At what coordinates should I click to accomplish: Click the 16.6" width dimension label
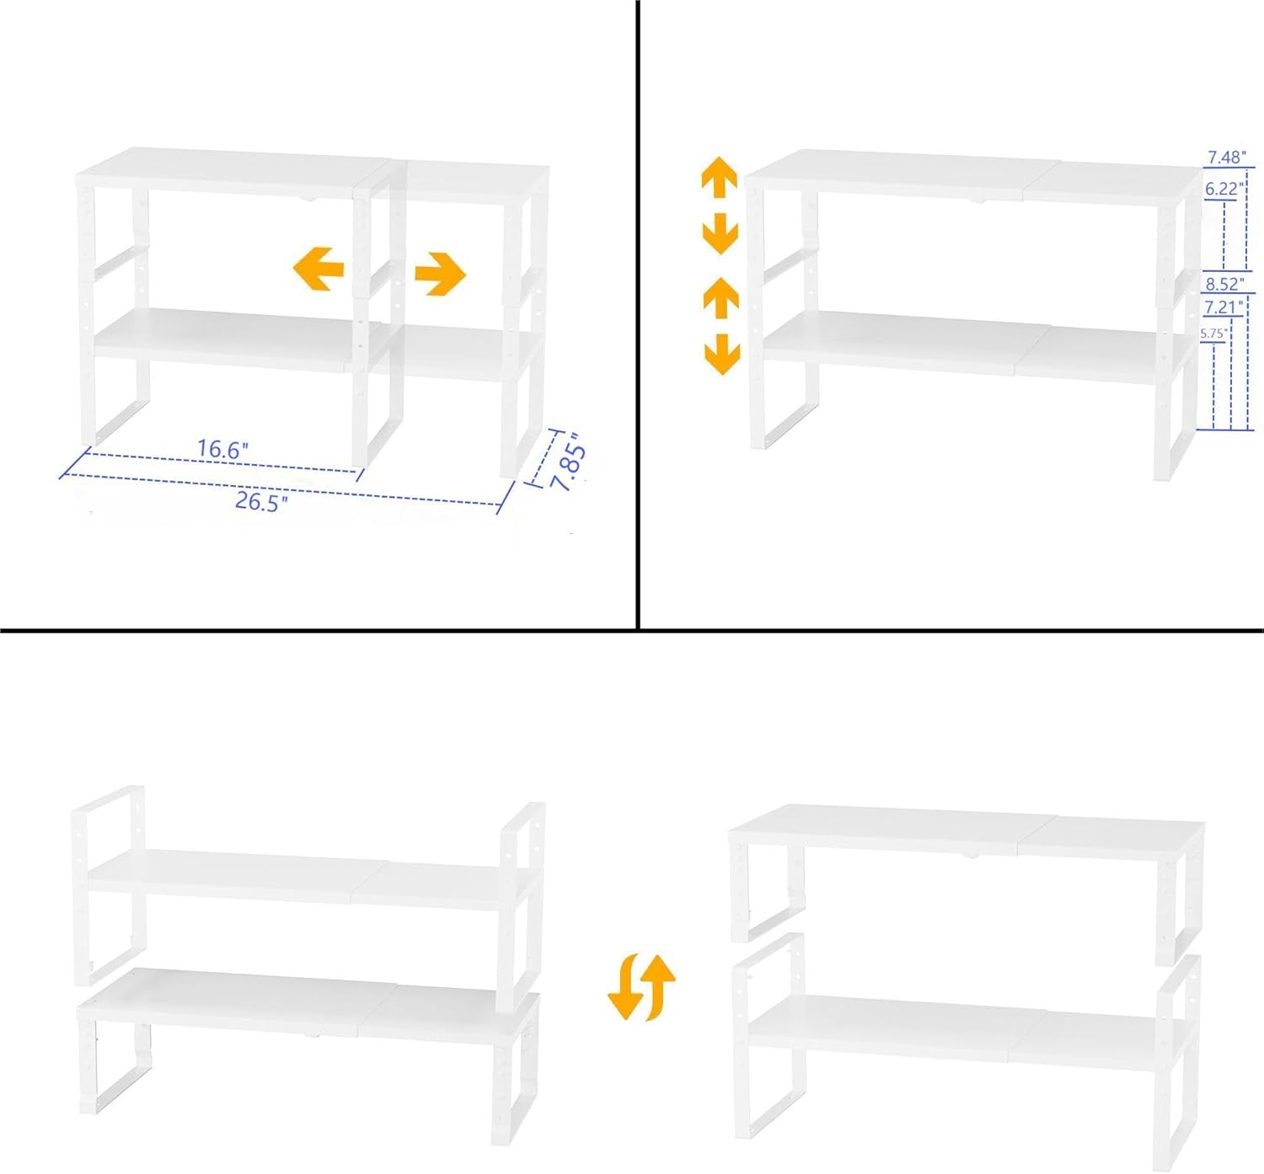click(222, 449)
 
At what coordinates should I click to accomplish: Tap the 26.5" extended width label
click(261, 501)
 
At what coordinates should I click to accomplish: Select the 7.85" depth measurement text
click(567, 462)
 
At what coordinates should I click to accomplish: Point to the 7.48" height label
click(1226, 157)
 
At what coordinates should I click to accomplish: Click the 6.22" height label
click(1224, 189)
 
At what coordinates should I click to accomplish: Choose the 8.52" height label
click(1225, 283)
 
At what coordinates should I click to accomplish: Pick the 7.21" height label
click(1224, 308)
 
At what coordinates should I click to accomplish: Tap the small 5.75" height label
click(1213, 334)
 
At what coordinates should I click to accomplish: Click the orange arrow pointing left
click(319, 269)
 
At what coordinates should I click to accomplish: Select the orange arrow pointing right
click(441, 275)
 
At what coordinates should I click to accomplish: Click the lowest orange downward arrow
click(722, 355)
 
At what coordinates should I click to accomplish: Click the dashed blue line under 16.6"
click(222, 463)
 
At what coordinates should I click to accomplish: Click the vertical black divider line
click(638, 315)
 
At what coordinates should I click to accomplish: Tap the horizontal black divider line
click(632, 630)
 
